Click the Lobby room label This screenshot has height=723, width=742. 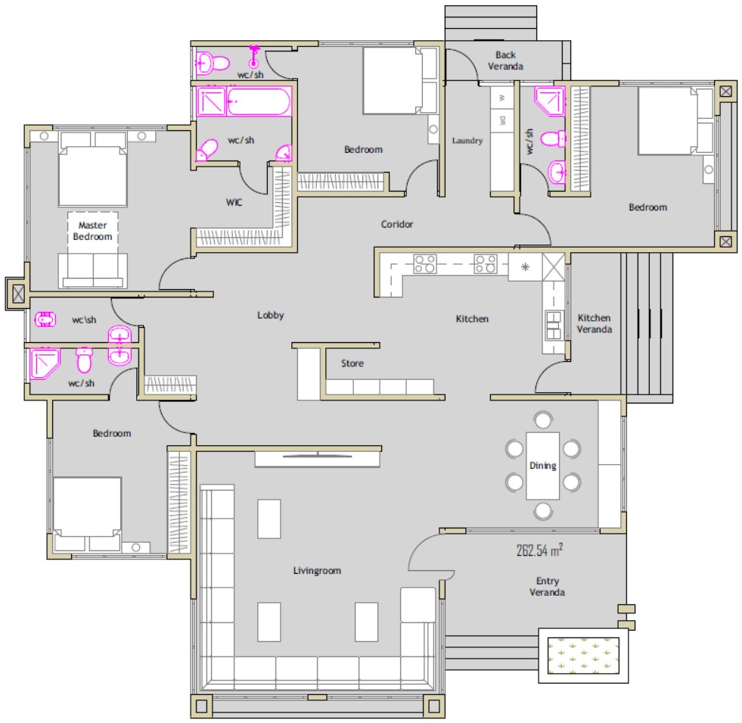pos(270,315)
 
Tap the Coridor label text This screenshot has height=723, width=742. pos(396,224)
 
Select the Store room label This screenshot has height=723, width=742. pos(352,363)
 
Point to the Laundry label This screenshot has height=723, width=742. pos(467,141)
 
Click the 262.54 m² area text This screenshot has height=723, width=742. pos(539,550)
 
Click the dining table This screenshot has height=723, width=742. pos(543,466)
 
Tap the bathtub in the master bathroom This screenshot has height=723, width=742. pos(259,101)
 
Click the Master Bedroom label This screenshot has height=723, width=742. pos(92,231)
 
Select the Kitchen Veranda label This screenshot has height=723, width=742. pos(595,323)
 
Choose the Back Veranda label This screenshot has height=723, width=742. pos(505,61)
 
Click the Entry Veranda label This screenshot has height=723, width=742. pos(547,587)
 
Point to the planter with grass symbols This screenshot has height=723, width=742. pos(583,656)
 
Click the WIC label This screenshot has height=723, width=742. pos(234,202)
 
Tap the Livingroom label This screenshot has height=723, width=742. pos(317,570)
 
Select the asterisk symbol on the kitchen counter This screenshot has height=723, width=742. pos(525,267)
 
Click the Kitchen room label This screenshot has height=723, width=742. pos(472,319)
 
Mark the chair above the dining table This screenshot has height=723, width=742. pos(543,419)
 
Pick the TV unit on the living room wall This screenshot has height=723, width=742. pos(318,459)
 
